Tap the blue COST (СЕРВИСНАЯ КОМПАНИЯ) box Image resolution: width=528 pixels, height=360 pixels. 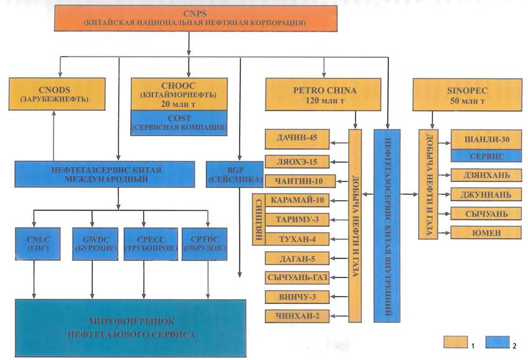pyautogui.click(x=178, y=122)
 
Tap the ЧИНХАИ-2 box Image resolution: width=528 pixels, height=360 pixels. pyautogui.click(x=296, y=316)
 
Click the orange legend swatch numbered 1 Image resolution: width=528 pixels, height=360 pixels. pyautogui.click(x=455, y=341)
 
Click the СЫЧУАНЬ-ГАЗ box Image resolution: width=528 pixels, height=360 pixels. pyautogui.click(x=296, y=277)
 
